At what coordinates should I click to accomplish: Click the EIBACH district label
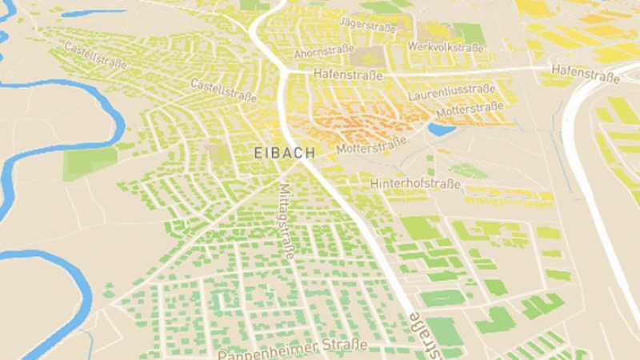pos(284,151)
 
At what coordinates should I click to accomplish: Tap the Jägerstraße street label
pos(369,26)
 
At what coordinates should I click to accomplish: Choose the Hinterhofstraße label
pos(415,185)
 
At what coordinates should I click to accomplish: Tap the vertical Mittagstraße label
pos(286,219)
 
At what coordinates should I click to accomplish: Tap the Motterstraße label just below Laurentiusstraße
pos(470,108)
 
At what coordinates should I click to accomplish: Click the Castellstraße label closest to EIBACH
pos(223,90)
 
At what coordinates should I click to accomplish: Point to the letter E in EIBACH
pos(258,151)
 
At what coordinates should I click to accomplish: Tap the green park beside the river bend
pos(90,162)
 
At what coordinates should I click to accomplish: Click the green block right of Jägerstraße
pos(470,33)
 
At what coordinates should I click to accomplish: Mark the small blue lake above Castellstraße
pos(92,14)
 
